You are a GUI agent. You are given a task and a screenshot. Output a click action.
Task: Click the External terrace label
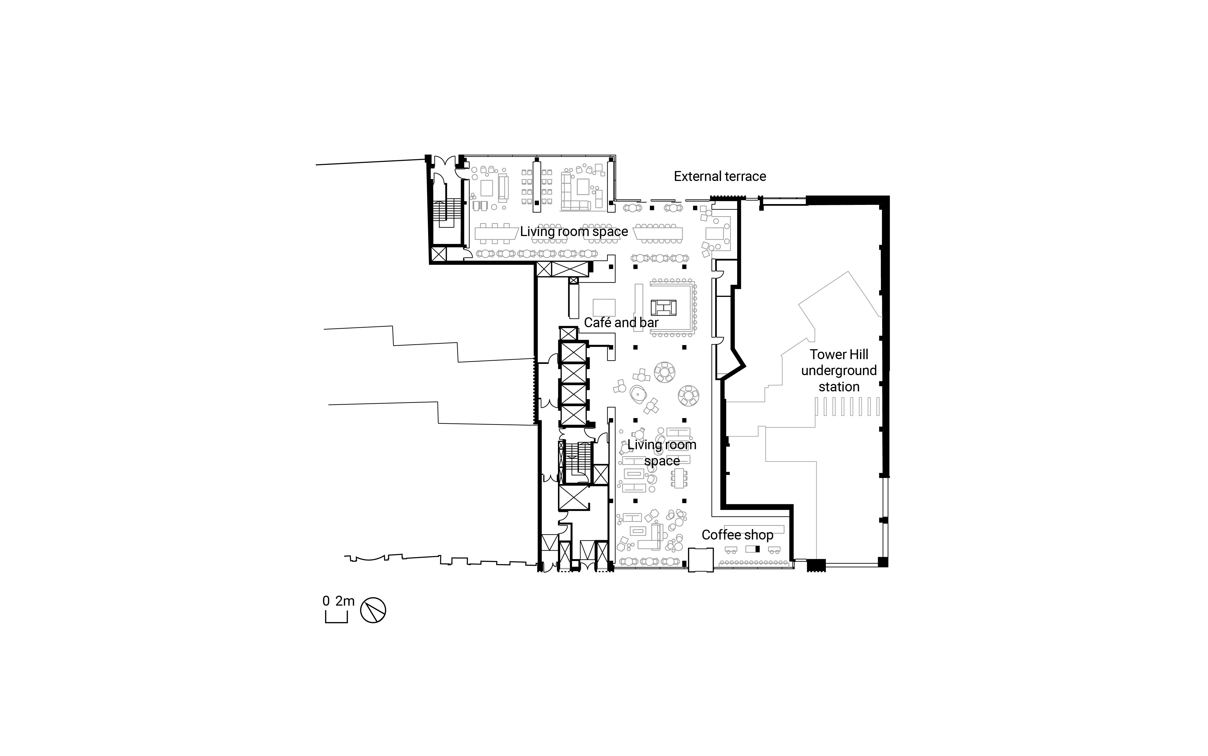719,177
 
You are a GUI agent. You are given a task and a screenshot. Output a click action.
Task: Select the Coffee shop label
737,535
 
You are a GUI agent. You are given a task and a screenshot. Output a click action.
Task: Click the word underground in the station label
839,370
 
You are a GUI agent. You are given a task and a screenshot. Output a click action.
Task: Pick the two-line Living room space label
662,452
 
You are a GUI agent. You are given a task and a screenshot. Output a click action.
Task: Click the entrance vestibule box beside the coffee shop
700,560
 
